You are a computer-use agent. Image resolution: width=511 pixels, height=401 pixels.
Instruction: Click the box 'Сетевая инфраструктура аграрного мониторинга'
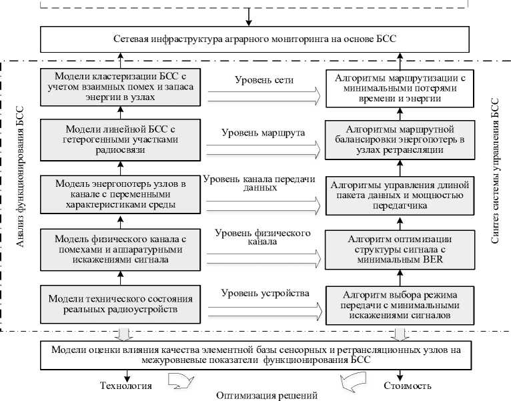[255, 39]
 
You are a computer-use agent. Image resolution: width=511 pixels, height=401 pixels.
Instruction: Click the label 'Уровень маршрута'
[264, 132]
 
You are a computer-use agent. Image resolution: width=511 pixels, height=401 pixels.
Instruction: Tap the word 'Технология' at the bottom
[126, 385]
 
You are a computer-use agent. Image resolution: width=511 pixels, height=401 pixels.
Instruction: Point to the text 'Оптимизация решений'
[267, 395]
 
